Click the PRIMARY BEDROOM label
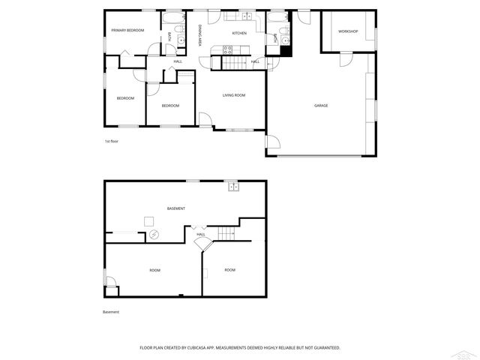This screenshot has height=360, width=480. (127, 30)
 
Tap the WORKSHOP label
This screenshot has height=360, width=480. (347, 31)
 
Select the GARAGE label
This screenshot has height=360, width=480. (320, 106)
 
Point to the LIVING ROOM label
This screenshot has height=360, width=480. (234, 95)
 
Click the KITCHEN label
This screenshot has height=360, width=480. (239, 33)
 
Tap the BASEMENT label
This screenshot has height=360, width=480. (176, 208)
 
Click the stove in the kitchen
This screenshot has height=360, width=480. (227, 49)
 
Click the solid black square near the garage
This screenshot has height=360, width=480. (284, 49)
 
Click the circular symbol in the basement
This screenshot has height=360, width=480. (154, 235)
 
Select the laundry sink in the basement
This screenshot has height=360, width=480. (232, 187)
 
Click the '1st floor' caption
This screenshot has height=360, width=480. (112, 141)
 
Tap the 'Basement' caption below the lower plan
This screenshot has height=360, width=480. (111, 312)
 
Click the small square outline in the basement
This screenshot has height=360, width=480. (149, 220)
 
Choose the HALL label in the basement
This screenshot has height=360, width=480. (201, 235)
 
